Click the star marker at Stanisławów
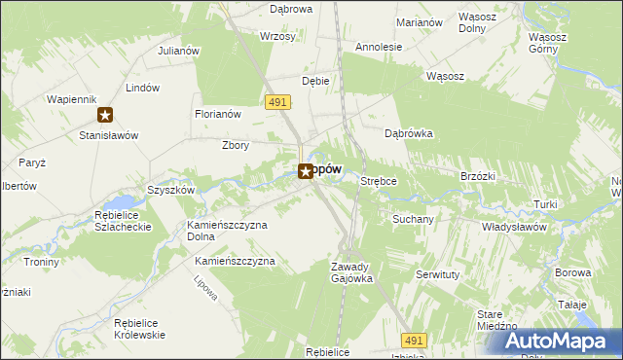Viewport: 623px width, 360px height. (105, 115)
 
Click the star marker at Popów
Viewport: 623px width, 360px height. (305, 171)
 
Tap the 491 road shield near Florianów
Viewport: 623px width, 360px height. (276, 101)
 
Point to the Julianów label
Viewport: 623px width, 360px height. (178, 51)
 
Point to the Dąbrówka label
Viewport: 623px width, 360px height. (408, 134)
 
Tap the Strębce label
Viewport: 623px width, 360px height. (379, 181)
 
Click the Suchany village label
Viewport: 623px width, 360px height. (413, 219)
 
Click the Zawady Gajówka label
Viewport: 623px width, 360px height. (351, 272)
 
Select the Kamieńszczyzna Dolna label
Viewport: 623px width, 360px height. (227, 231)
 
